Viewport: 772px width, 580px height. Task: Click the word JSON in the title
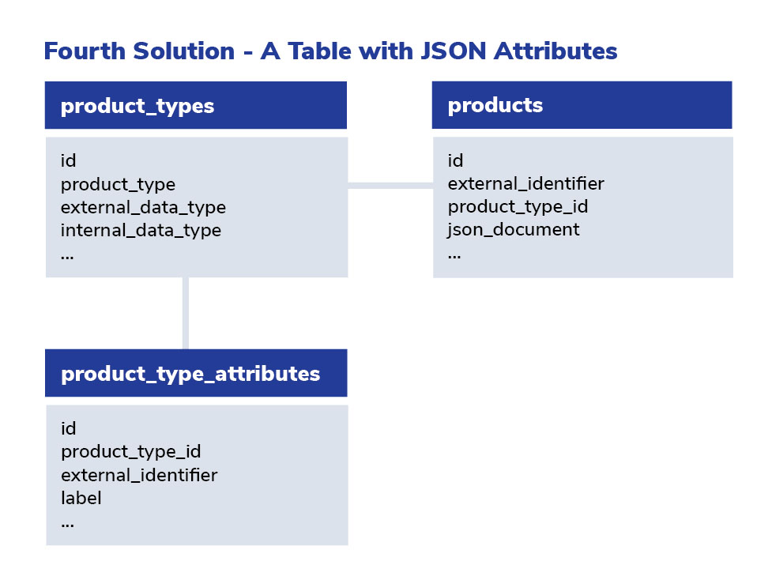[x=453, y=51]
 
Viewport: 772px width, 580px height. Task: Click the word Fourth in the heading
[x=85, y=51]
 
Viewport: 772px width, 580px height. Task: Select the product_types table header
[x=196, y=105]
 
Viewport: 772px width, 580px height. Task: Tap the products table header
[x=582, y=105]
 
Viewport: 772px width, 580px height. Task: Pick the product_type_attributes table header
[x=196, y=373]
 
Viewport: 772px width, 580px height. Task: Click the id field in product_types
[x=69, y=160]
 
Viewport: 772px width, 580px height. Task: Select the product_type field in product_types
[x=119, y=185]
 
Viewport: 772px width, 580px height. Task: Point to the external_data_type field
[x=143, y=208]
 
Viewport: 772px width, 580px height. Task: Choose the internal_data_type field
[x=141, y=231]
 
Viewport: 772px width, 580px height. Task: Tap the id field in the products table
[x=455, y=160]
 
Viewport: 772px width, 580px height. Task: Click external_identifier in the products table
[x=525, y=183]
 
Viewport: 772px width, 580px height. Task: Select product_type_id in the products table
[x=518, y=207]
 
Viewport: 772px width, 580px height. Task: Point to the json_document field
[x=514, y=230]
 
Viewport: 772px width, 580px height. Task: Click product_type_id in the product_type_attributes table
[x=131, y=452]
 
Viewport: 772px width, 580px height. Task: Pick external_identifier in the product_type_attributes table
[x=139, y=475]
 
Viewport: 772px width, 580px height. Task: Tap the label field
[x=81, y=498]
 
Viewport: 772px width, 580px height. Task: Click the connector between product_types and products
[x=390, y=186]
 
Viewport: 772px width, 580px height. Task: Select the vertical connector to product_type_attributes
[x=186, y=313]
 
